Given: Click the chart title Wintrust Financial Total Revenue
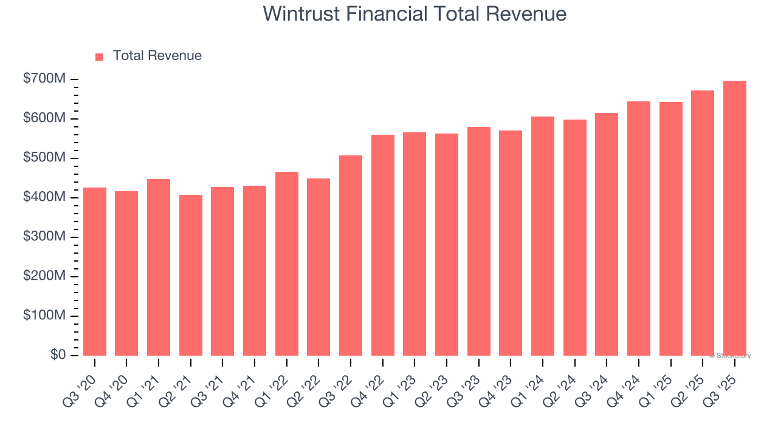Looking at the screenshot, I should [415, 14].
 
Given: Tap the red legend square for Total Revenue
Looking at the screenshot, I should [100, 56].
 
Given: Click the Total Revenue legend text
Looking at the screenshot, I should [157, 56].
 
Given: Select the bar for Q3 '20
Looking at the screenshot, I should [95, 272].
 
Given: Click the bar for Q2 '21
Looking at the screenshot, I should [191, 275].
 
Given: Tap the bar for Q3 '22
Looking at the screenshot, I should [351, 256].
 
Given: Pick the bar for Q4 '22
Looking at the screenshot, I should [383, 245].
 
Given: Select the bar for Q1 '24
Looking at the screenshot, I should [543, 236].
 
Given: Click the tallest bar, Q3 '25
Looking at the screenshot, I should [735, 218].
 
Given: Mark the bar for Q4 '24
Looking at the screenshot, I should [639, 228].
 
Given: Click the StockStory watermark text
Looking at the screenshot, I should [730, 356].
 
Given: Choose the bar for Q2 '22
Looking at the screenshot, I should [318, 267].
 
